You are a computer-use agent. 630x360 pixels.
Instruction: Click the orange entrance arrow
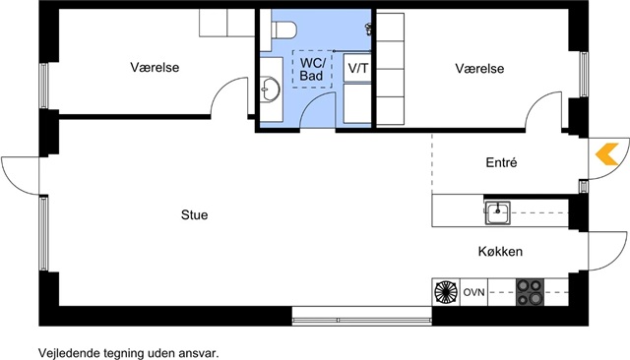[606, 154]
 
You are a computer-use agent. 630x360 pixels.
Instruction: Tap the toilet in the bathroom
[284, 30]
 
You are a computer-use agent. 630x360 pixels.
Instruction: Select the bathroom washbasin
[270, 89]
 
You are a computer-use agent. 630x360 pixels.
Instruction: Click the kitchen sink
[497, 212]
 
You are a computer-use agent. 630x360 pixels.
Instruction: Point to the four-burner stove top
[530, 292]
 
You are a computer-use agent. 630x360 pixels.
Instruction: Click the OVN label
[474, 292]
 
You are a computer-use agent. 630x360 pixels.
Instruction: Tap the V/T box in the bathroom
[357, 68]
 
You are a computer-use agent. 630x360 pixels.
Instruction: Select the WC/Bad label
[312, 69]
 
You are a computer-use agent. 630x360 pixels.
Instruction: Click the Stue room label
[195, 214]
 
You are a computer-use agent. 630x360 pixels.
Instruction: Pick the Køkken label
[500, 251]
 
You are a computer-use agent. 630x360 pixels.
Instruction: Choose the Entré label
[501, 162]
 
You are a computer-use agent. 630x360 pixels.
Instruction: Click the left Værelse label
[155, 67]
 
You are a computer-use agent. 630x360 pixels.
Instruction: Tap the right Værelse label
[479, 68]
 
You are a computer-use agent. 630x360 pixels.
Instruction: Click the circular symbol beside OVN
[446, 292]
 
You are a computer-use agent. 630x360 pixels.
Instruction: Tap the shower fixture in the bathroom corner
[368, 29]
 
